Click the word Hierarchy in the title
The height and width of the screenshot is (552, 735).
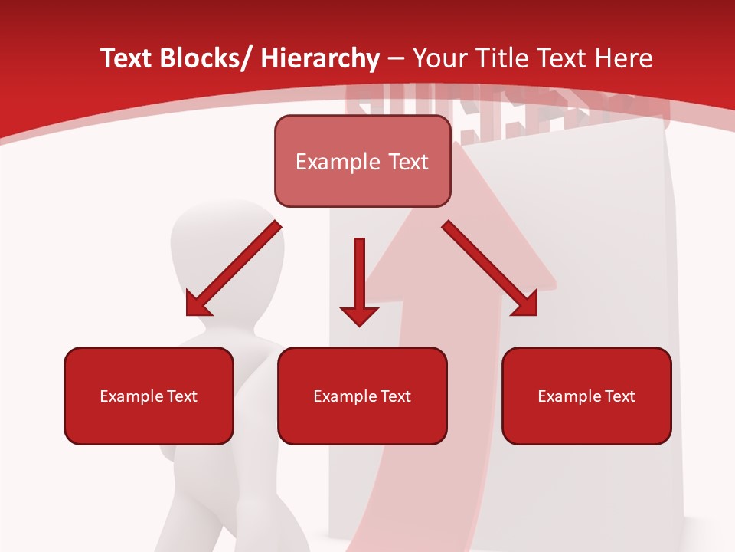coord(320,58)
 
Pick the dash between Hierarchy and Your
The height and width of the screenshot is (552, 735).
coord(396,60)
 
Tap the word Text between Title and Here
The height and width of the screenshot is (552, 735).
coord(564,58)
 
